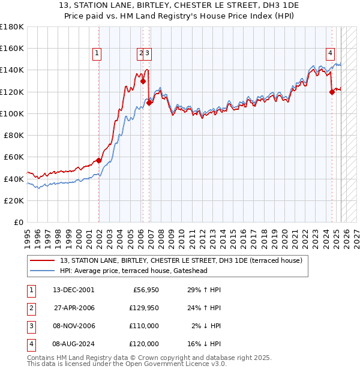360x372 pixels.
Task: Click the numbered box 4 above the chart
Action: [330, 53]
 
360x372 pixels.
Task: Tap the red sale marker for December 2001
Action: [99, 160]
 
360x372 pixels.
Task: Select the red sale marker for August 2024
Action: [332, 92]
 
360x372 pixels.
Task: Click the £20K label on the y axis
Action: [14, 200]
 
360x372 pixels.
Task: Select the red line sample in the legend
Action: [43, 260]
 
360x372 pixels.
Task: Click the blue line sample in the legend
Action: [43, 271]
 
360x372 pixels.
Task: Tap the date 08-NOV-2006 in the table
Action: [73, 326]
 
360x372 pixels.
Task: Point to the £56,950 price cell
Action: [144, 290]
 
